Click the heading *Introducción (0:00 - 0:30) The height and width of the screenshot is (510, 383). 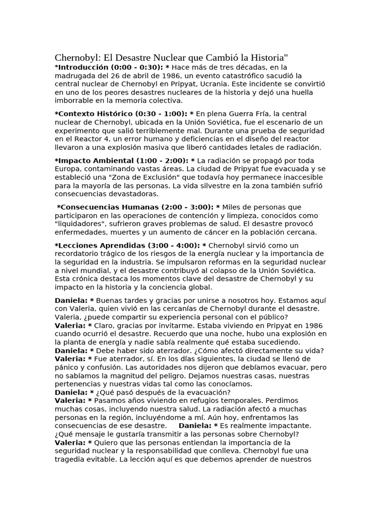tap(110, 67)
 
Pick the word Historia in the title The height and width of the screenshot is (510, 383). tap(264, 57)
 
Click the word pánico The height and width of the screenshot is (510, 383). tap(67, 367)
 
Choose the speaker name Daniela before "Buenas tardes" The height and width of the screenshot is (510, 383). tap(71, 300)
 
